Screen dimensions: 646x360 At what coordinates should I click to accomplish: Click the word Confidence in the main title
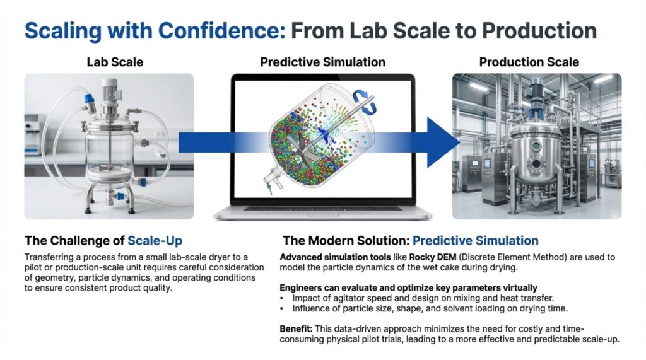221,30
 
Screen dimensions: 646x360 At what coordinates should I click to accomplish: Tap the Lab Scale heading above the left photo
115,62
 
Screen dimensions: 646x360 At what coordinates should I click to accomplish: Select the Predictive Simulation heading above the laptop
322,62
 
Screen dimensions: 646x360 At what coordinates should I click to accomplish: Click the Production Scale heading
529,62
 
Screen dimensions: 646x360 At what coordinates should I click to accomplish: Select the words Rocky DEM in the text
433,257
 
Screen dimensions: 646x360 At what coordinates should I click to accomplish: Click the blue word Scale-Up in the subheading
155,241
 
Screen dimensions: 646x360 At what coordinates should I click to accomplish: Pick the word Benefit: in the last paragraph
297,328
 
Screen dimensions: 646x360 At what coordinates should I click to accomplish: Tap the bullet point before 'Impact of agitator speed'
282,298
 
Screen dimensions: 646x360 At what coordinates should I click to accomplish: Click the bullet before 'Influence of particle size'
282,308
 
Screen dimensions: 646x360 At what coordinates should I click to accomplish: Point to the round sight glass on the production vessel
536,146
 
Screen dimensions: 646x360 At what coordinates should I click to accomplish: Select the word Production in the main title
539,30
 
